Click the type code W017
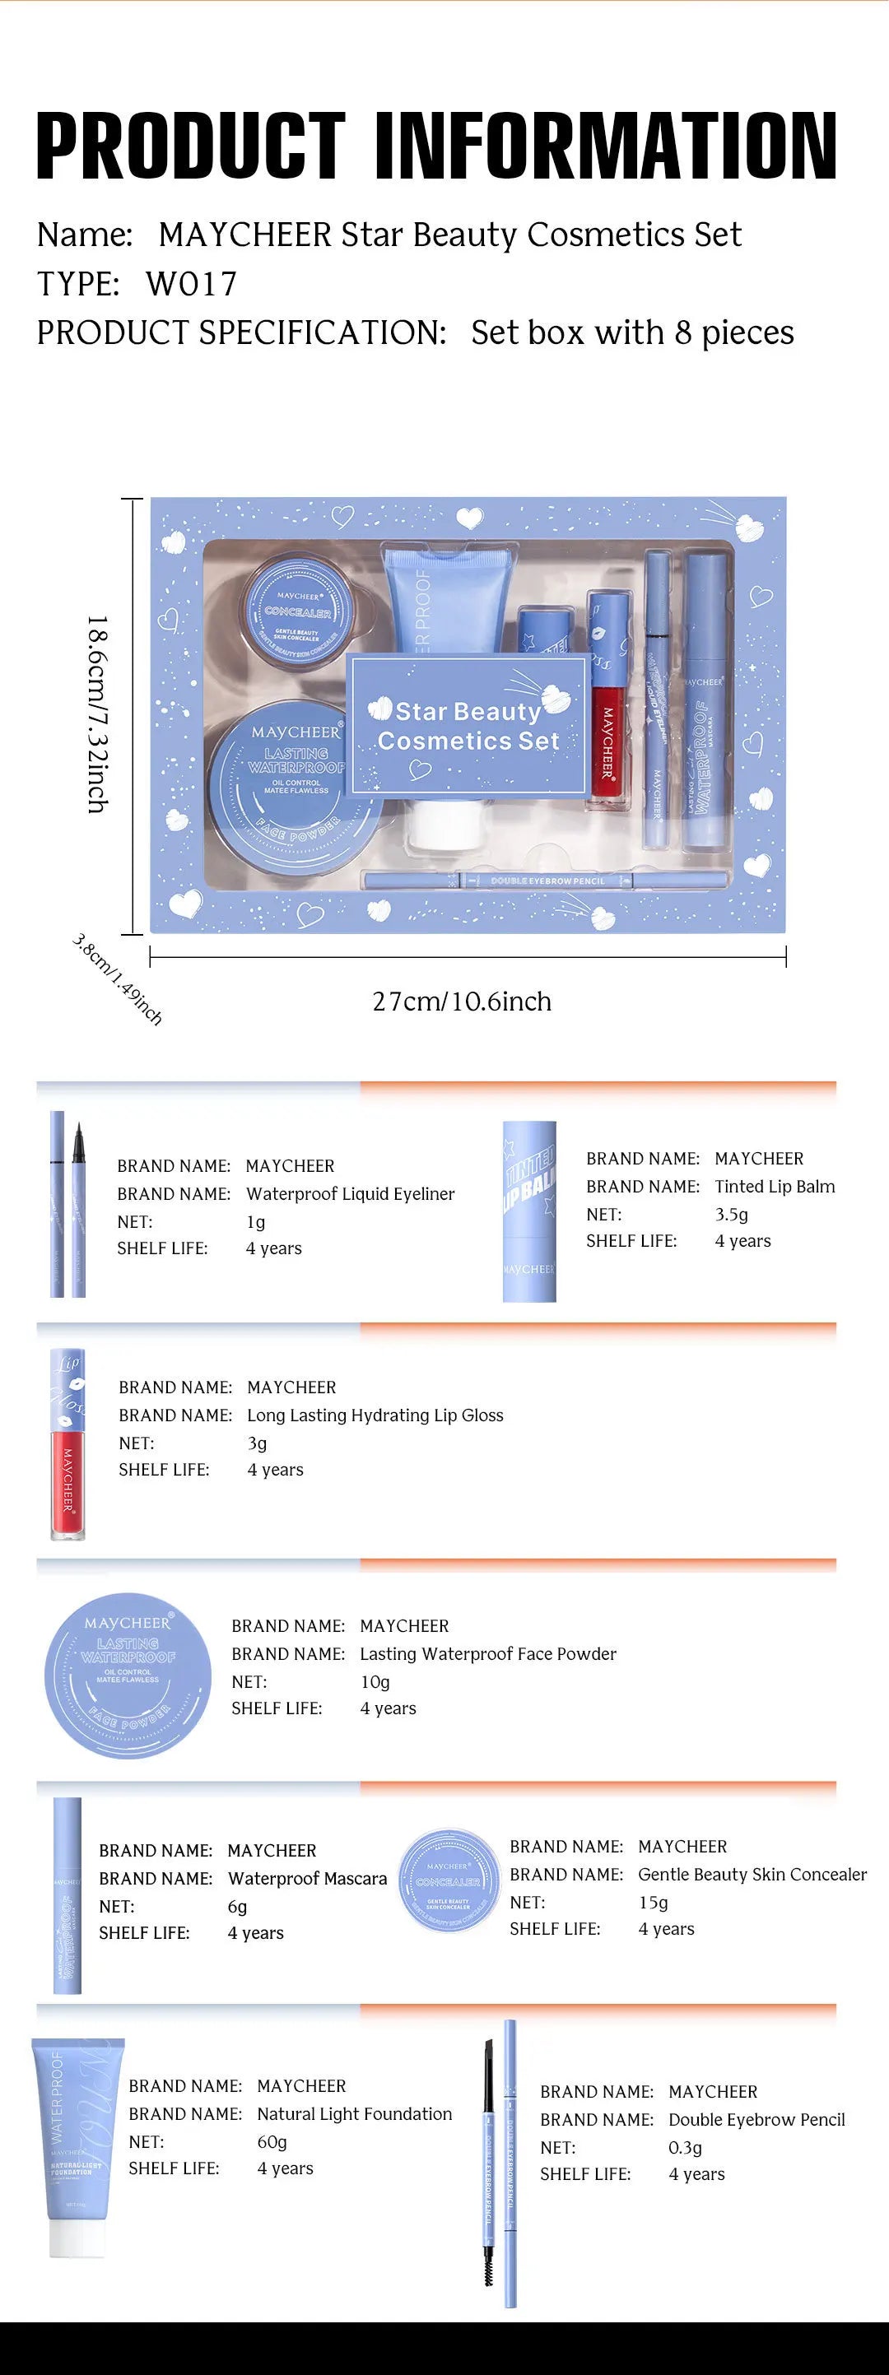[x=191, y=284]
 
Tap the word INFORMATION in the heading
[x=605, y=146]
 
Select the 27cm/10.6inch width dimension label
[x=461, y=1002]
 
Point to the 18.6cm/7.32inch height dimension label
[x=98, y=714]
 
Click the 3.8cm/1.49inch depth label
[x=117, y=979]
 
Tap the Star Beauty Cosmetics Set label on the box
[x=468, y=726]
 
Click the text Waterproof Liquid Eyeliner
[x=350, y=1194]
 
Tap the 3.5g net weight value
[x=731, y=1214]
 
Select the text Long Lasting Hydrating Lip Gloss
[x=375, y=1415]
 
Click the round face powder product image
[x=128, y=1676]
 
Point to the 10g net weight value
[x=375, y=1682]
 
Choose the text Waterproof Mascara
[x=307, y=1878]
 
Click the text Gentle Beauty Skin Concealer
[x=752, y=1875]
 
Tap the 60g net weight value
[x=272, y=2142]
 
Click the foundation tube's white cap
[x=77, y=2238]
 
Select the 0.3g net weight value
[x=684, y=2147]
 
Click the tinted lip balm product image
[x=528, y=1211]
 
